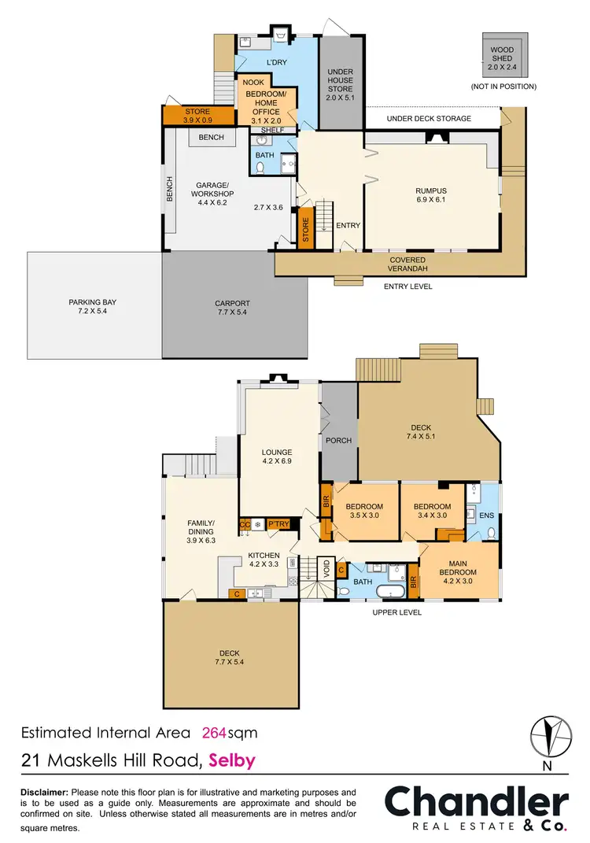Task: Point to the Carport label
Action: click(x=232, y=307)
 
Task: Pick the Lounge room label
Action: click(x=277, y=457)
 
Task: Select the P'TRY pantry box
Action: click(x=277, y=523)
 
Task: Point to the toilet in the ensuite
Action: click(x=490, y=533)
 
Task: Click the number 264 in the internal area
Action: click(x=215, y=733)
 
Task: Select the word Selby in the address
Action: click(x=232, y=760)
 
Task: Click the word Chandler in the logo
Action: click(x=476, y=802)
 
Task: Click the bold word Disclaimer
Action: click(x=42, y=792)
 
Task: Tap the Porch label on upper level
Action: click(x=339, y=440)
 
